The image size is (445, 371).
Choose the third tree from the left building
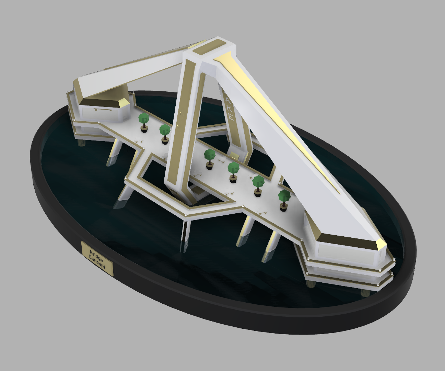(x=209, y=158)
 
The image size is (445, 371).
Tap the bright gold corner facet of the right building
(x=381, y=244)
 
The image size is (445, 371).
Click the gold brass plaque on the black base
(x=97, y=259)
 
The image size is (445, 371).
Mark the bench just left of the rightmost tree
(x=264, y=212)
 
